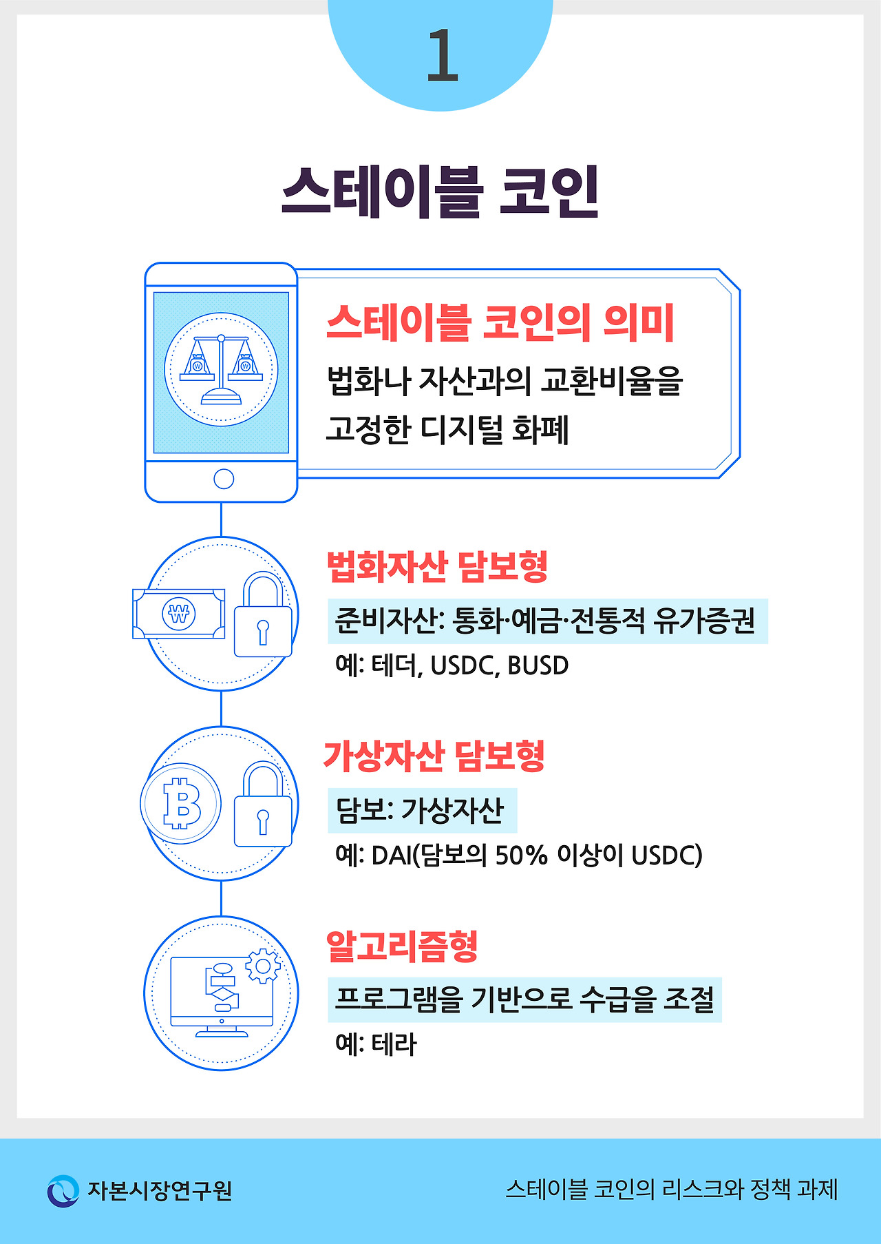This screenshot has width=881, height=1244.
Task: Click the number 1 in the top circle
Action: (442, 56)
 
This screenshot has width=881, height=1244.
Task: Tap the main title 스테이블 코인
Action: (440, 192)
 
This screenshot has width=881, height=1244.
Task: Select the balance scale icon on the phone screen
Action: (221, 369)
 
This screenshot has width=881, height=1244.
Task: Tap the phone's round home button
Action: (224, 479)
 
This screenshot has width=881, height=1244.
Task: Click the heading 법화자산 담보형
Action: (437, 567)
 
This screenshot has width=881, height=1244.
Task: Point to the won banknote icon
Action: (179, 613)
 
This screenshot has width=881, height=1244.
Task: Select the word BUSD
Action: (538, 666)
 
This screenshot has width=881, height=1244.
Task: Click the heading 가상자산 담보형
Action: (434, 756)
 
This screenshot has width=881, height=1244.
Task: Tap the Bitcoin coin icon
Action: (181, 804)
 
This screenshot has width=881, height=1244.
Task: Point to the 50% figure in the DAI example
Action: (521, 856)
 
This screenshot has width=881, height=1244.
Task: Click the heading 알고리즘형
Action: (402, 946)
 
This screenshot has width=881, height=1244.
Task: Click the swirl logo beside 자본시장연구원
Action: (63, 1190)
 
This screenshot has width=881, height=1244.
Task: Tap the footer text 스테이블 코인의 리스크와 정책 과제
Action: (671, 1190)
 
